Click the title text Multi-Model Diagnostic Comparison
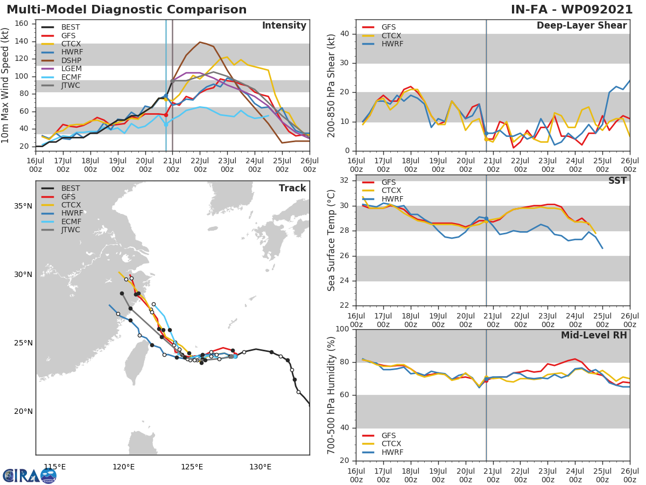click(127, 10)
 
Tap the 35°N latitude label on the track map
click(23, 206)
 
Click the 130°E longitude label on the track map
click(260, 467)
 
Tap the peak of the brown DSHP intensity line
click(200, 42)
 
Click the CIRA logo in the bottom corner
click(29, 475)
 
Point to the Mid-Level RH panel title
click(593, 335)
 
